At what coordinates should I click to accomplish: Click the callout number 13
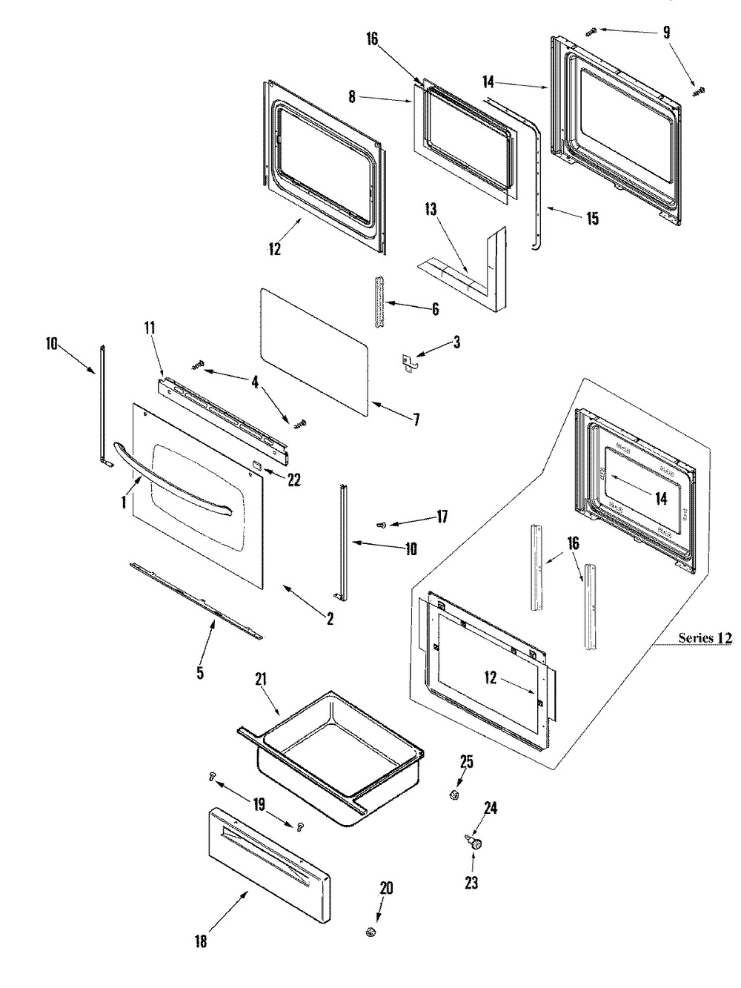pos(431,209)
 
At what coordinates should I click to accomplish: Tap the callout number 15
pos(592,219)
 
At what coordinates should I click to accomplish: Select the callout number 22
pos(293,480)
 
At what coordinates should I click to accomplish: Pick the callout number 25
pos(467,762)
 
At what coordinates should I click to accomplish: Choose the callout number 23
pos(471,883)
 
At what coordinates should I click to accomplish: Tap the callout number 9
pos(666,33)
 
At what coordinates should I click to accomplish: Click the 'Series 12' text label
pos(705,638)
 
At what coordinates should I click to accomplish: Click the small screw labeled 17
pos(382,525)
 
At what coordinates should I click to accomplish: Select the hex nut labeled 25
pos(453,795)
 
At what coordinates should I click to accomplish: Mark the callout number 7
pos(416,420)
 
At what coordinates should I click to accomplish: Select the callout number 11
pos(150,328)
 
